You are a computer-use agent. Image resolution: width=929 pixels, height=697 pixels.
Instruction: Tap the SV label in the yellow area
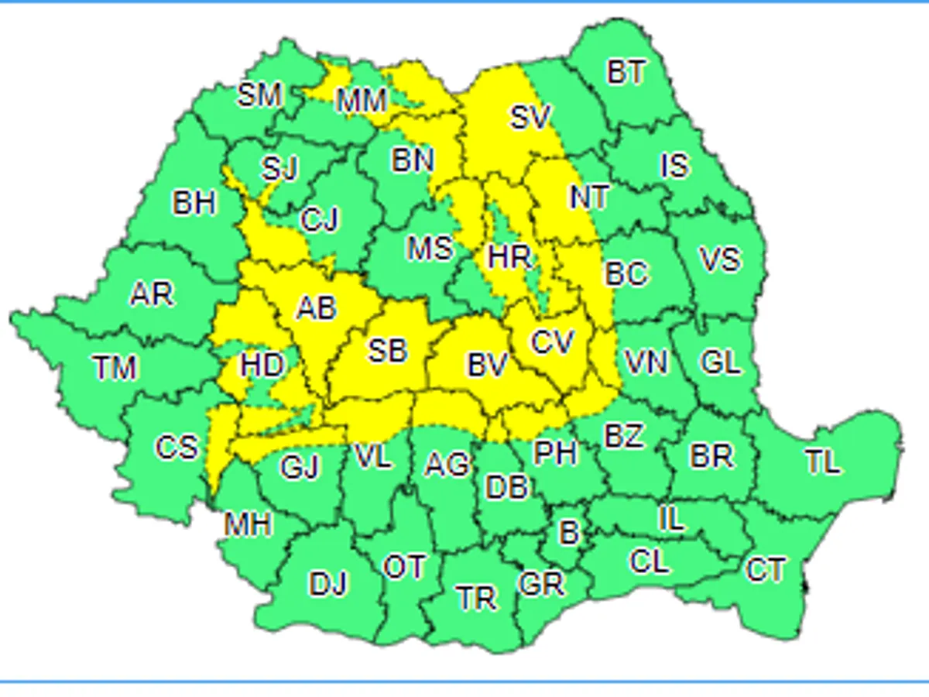530,118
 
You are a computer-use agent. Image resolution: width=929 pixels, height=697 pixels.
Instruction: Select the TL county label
822,462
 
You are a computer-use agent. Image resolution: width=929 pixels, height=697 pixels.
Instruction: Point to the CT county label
765,570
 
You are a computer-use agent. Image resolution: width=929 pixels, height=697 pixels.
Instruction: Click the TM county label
115,368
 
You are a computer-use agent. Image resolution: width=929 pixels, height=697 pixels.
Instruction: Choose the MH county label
248,525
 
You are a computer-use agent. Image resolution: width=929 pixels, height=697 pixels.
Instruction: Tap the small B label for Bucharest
569,533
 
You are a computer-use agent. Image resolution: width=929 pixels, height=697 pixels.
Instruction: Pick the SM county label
259,96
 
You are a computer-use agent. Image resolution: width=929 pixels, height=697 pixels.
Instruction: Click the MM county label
362,100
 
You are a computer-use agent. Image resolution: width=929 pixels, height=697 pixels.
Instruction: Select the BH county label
194,204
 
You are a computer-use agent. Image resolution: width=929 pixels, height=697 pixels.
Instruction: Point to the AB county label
317,308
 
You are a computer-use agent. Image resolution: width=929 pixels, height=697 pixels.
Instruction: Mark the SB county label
387,351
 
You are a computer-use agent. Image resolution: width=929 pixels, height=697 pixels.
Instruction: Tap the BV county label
487,365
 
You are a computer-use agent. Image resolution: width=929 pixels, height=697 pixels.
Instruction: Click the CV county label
553,342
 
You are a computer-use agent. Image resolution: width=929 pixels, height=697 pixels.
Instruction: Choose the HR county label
509,257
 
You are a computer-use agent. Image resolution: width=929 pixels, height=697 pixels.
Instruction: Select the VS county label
719,259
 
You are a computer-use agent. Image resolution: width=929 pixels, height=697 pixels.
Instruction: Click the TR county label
476,598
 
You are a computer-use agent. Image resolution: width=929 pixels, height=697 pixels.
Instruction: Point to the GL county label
720,362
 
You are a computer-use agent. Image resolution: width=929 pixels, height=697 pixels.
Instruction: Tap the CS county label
177,448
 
